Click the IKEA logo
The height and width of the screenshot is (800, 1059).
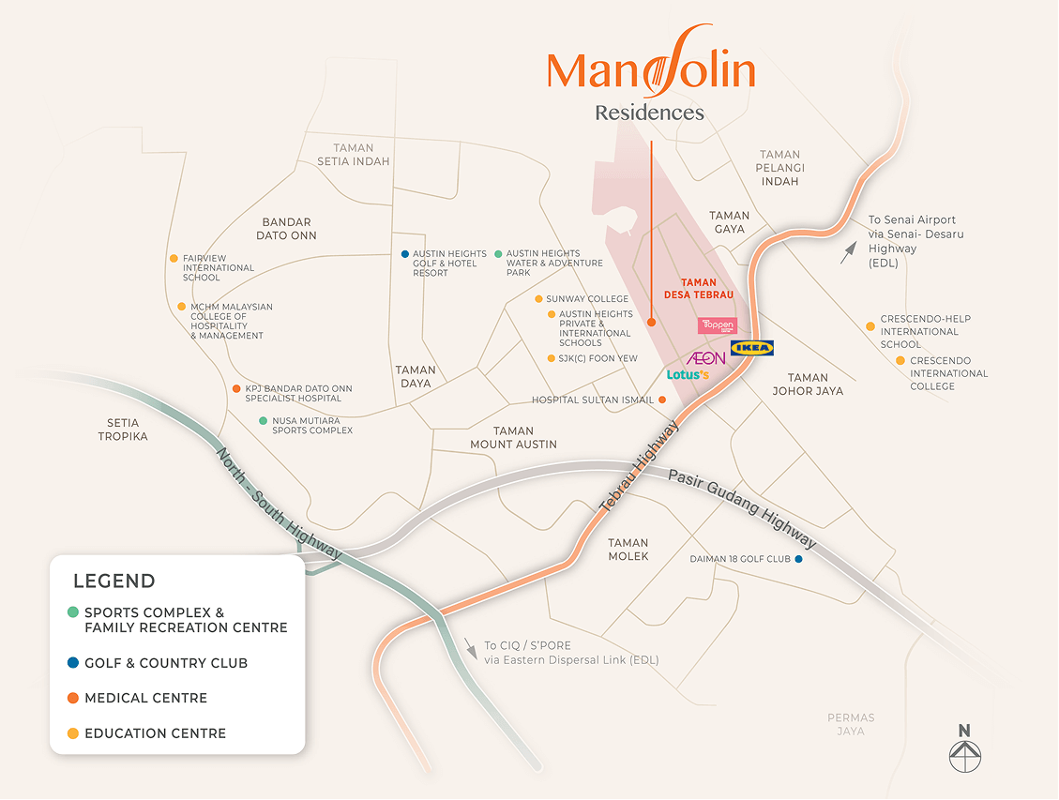click(752, 348)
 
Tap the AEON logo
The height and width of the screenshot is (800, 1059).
click(706, 358)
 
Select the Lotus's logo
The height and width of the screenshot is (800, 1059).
click(688, 375)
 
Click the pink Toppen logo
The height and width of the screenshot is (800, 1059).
click(718, 325)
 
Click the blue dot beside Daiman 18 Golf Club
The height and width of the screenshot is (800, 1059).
click(798, 560)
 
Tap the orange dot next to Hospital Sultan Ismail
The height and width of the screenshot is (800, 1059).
click(662, 400)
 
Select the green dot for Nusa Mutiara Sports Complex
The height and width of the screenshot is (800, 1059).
click(264, 421)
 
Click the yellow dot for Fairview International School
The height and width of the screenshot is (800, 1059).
click(174, 259)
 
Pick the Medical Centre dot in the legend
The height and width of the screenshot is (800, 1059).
click(72, 698)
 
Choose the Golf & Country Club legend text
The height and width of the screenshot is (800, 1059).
click(166, 663)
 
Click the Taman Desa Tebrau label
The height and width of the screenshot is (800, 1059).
click(699, 288)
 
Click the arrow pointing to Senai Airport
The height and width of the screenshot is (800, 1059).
click(848, 252)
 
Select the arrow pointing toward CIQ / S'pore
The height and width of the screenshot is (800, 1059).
click(470, 648)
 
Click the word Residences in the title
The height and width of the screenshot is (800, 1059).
click(649, 113)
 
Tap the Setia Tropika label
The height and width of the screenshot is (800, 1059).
click(123, 430)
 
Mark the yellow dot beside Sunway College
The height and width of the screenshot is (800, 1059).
click(538, 299)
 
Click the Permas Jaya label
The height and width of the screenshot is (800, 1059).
click(851, 724)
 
